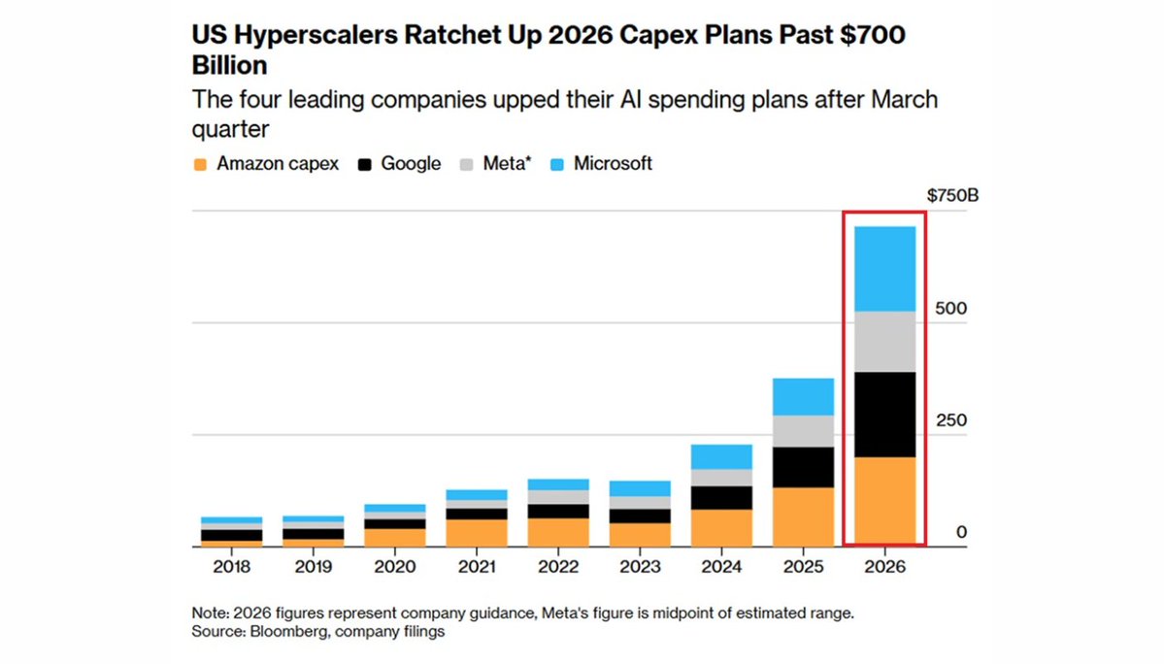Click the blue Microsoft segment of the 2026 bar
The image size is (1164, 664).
pos(884,269)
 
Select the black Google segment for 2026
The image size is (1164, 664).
pos(884,415)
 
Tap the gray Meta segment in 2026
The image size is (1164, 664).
pos(884,342)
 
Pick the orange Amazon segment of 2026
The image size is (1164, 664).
pos(884,502)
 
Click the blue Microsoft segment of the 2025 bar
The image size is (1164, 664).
pos(803,397)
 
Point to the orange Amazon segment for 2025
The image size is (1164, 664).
pos(803,517)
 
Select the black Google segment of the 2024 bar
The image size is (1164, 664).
pos(721,498)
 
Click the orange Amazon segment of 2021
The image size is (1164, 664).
pos(477,533)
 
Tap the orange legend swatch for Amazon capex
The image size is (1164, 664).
pos(200,165)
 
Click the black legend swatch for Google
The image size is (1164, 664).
pos(364,165)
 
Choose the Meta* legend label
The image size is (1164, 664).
pos(507,164)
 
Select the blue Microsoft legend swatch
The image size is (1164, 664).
pos(557,165)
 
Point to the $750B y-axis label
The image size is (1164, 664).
pos(952,196)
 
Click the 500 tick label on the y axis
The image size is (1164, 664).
pos(951,309)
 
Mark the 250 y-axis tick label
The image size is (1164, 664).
pos(951,420)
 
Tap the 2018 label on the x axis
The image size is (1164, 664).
pos(232,567)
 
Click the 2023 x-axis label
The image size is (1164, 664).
pos(640,567)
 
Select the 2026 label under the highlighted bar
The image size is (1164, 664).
pos(884,567)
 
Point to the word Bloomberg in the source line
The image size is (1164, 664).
pos(285,631)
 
